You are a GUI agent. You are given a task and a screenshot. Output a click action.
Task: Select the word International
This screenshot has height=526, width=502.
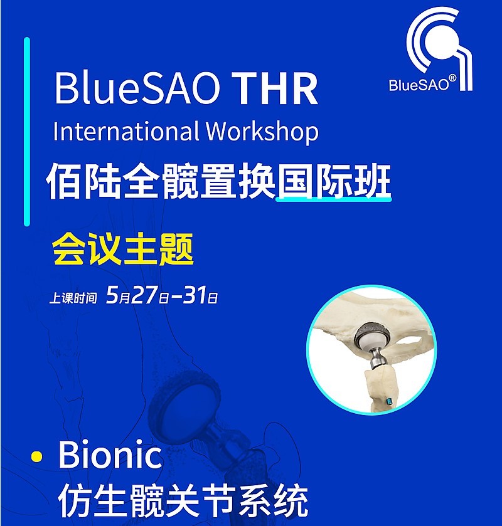(125, 131)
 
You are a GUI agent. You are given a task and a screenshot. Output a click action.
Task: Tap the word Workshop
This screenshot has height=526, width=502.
(262, 132)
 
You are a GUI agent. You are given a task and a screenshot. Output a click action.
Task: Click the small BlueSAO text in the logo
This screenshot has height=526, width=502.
(419, 85)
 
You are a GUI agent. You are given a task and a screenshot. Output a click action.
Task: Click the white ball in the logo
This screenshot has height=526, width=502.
(442, 43)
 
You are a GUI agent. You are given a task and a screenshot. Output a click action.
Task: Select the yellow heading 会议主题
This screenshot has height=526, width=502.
(123, 249)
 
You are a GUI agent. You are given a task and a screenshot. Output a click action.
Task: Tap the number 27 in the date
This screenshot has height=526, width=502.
(144, 295)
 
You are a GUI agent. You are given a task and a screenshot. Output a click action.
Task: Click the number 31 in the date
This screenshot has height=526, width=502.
(195, 295)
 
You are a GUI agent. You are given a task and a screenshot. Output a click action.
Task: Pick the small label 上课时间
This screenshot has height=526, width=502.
(73, 298)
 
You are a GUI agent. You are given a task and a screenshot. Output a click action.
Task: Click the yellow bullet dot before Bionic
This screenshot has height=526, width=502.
(36, 456)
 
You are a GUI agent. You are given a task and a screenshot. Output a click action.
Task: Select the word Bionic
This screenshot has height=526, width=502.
(110, 454)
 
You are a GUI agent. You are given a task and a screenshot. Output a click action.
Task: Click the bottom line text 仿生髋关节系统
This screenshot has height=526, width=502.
(183, 501)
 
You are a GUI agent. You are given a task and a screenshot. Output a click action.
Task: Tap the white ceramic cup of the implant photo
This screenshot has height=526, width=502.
(371, 341)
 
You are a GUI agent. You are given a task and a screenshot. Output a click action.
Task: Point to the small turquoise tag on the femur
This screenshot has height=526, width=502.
(389, 401)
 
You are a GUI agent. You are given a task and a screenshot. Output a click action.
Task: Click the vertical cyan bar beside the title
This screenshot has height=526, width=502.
(27, 132)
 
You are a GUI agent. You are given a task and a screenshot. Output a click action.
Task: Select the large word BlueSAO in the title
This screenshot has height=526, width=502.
(138, 88)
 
